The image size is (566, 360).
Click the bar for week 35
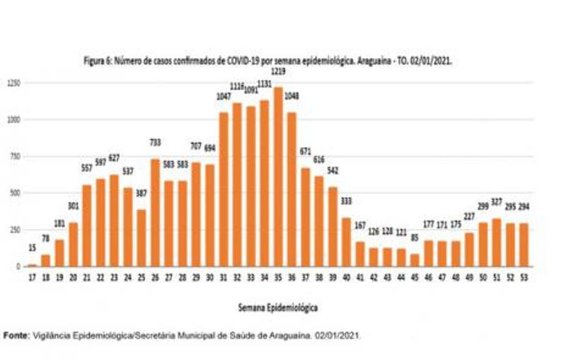(278, 177)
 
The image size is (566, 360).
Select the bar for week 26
(156, 212)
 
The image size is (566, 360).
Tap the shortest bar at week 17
(32, 265)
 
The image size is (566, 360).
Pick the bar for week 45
(415, 260)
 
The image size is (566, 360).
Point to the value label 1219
(278, 74)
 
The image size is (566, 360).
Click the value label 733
(156, 142)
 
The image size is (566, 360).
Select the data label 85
(415, 237)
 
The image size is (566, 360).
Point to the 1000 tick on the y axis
(13, 120)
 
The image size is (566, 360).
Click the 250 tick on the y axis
(15, 229)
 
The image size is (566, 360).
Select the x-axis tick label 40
(347, 277)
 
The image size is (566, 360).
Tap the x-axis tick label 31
(224, 277)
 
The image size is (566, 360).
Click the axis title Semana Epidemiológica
(279, 308)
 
